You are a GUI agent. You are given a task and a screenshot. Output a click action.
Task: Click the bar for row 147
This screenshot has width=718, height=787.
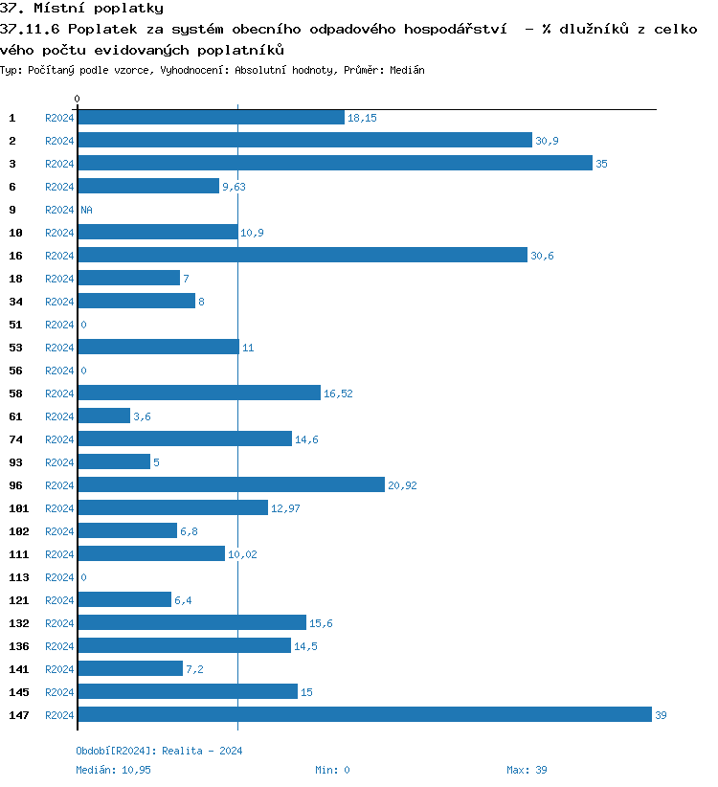364,714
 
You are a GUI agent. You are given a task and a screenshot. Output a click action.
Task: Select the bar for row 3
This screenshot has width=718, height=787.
335,163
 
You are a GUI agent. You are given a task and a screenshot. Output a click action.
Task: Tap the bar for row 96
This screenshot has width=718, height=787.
231,484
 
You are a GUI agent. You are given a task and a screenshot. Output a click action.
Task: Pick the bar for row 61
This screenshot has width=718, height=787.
103,416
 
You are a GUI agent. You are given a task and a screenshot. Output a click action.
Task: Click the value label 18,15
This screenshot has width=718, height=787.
362,118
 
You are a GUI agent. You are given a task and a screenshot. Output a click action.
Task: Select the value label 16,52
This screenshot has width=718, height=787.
338,393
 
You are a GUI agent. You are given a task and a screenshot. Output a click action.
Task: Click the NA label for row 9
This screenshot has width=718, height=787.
86,210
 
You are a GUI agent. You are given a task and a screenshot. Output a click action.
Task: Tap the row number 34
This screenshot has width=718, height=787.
15,302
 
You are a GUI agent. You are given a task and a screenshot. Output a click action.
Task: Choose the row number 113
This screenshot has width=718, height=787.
18,577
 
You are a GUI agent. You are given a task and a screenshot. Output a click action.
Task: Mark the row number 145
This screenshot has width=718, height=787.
18,692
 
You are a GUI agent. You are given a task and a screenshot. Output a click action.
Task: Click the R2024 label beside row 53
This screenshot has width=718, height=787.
59,348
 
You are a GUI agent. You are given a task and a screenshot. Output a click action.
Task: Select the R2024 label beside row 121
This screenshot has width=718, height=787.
59,600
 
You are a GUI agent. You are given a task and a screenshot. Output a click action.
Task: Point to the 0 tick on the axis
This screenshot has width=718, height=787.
78,99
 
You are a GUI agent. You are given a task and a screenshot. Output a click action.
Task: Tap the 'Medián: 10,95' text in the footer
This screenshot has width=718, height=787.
113,770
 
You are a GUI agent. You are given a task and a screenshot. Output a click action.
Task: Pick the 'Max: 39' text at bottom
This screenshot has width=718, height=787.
527,770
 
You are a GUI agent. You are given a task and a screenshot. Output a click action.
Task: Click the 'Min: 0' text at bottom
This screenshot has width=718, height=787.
332,770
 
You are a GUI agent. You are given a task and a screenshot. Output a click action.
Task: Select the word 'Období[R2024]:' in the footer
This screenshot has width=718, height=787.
116,751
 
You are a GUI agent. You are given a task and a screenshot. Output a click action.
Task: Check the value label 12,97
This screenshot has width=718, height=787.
285,508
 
